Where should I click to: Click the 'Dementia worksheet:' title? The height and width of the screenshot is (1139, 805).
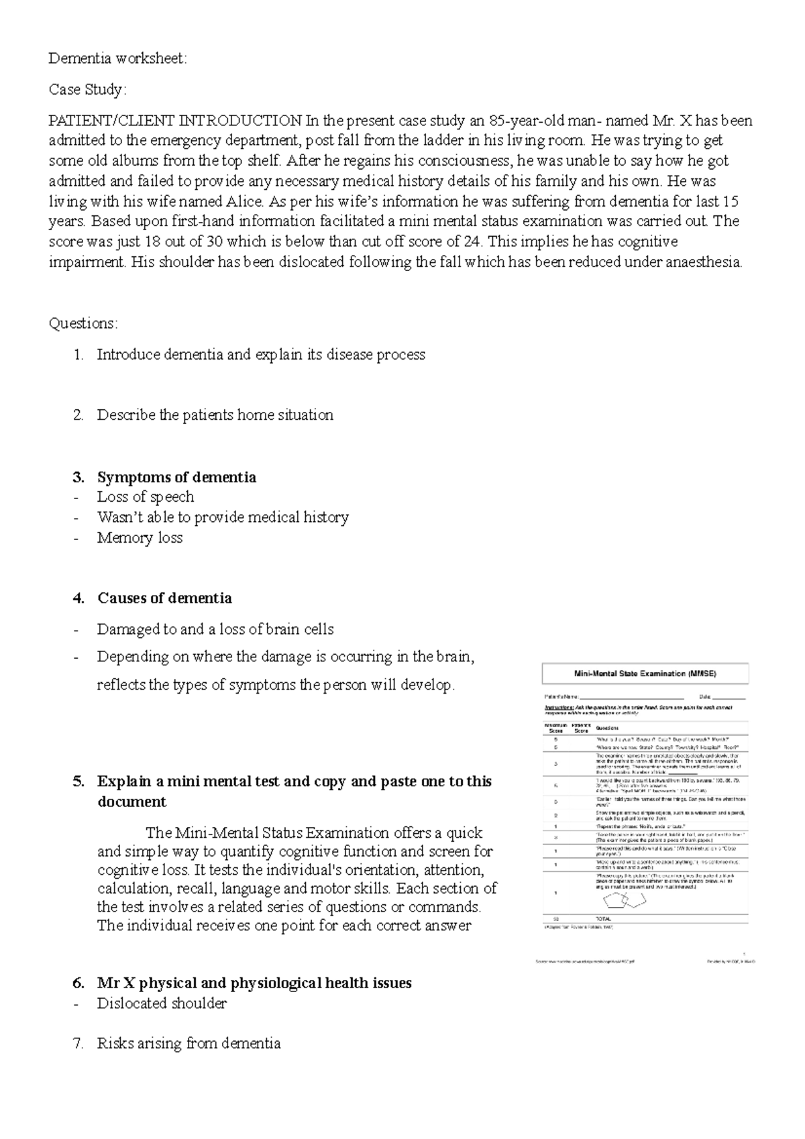click(x=118, y=59)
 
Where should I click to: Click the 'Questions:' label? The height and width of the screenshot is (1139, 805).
click(x=83, y=323)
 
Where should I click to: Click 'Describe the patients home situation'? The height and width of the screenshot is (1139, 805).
click(x=215, y=415)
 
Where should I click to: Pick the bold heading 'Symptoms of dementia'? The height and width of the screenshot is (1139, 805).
click(x=176, y=478)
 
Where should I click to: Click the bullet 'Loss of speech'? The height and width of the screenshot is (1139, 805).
click(x=146, y=497)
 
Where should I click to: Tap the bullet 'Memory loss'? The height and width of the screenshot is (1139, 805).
click(x=140, y=538)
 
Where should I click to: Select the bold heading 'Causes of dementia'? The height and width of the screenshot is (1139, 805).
click(x=164, y=598)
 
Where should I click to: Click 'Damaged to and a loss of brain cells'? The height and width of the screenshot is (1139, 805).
click(x=215, y=629)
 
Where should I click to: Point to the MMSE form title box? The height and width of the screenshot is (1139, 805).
click(x=645, y=673)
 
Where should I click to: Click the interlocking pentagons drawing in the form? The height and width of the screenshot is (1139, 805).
click(x=624, y=900)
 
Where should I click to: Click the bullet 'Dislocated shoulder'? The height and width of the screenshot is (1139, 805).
click(x=162, y=1004)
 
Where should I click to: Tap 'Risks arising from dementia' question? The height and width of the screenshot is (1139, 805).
click(x=189, y=1044)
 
